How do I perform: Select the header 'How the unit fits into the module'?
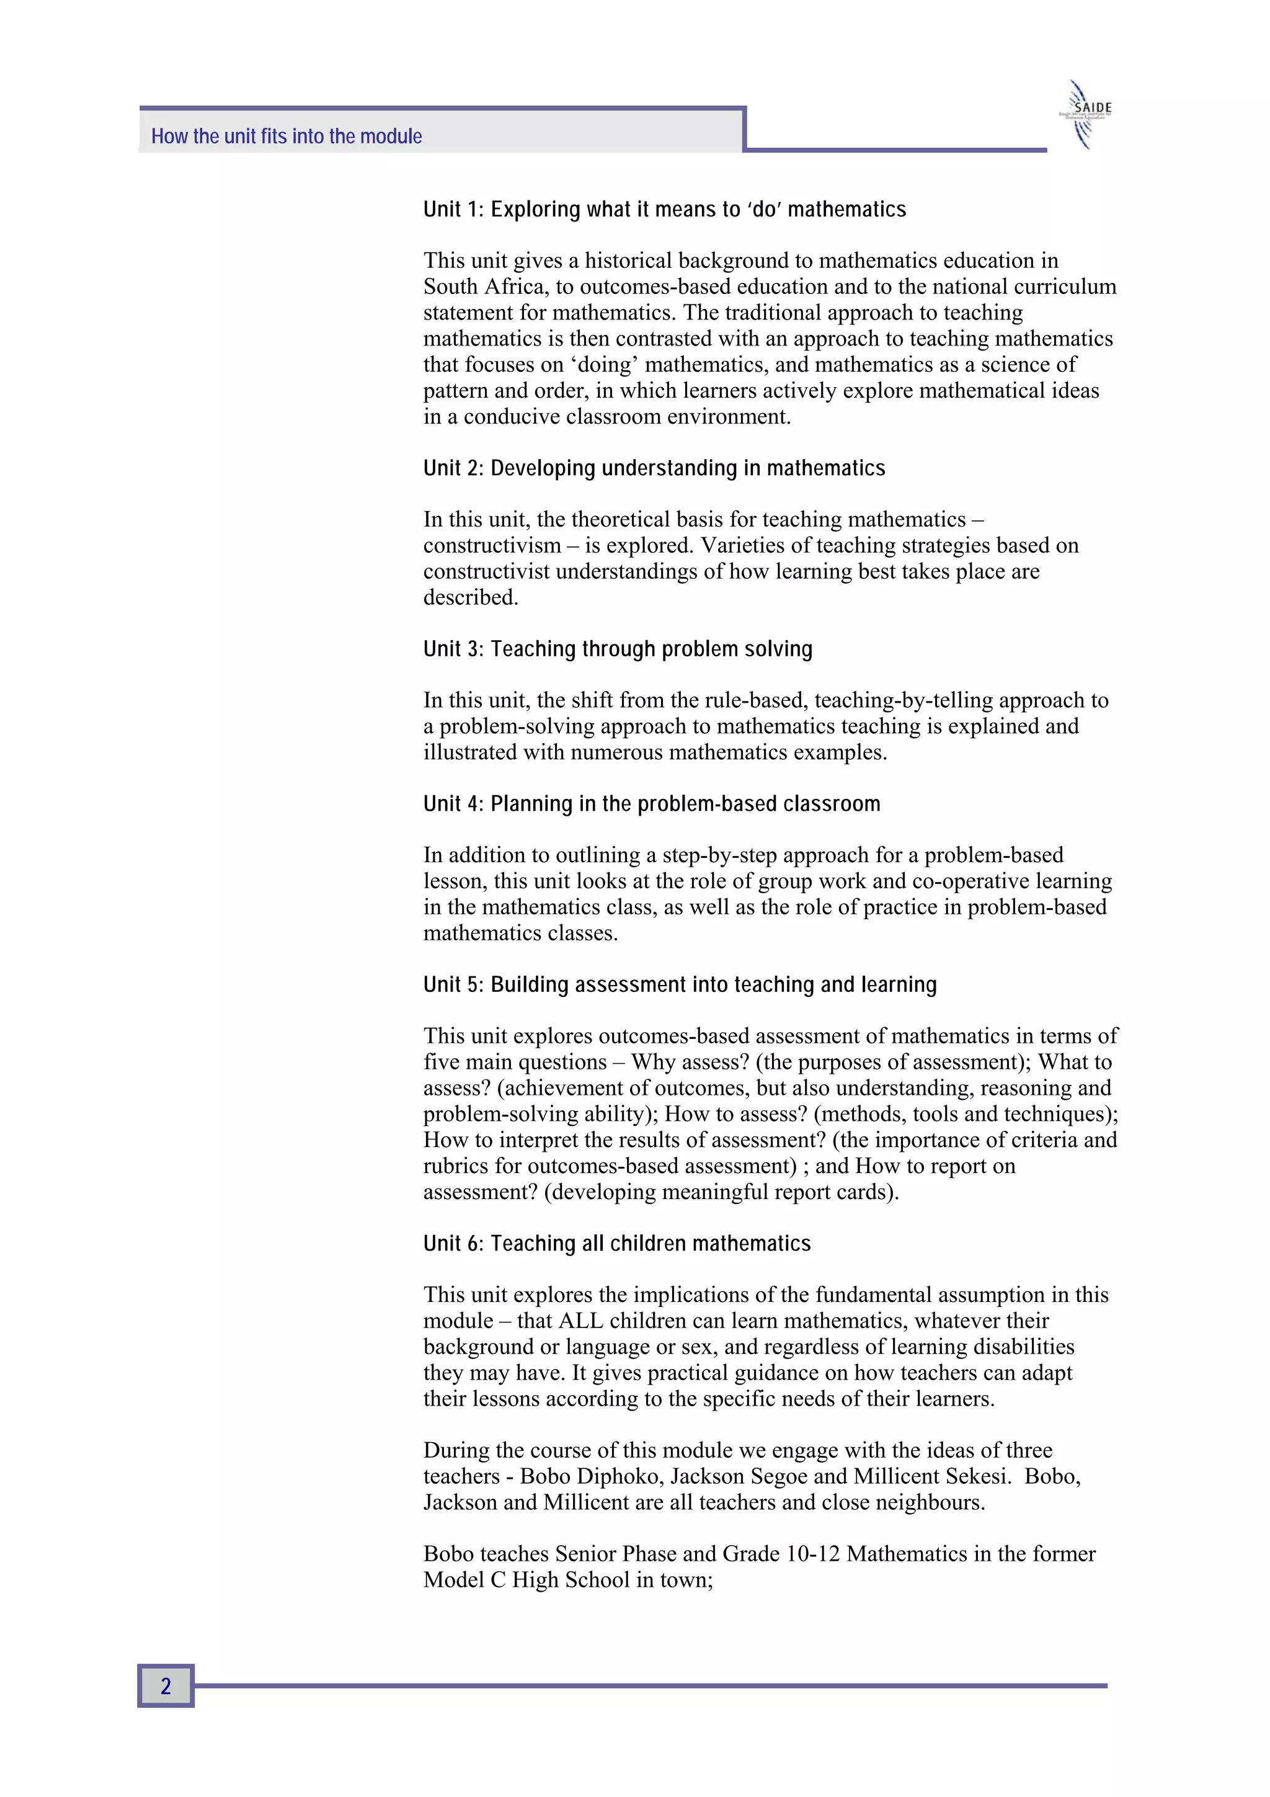click(286, 136)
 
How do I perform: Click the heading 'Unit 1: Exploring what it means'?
click(664, 210)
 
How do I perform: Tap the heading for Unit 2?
click(654, 468)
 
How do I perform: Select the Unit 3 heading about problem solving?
click(618, 649)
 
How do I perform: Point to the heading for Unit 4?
click(652, 804)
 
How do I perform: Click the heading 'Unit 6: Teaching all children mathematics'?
click(616, 1244)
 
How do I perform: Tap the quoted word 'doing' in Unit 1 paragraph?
click(603, 365)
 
